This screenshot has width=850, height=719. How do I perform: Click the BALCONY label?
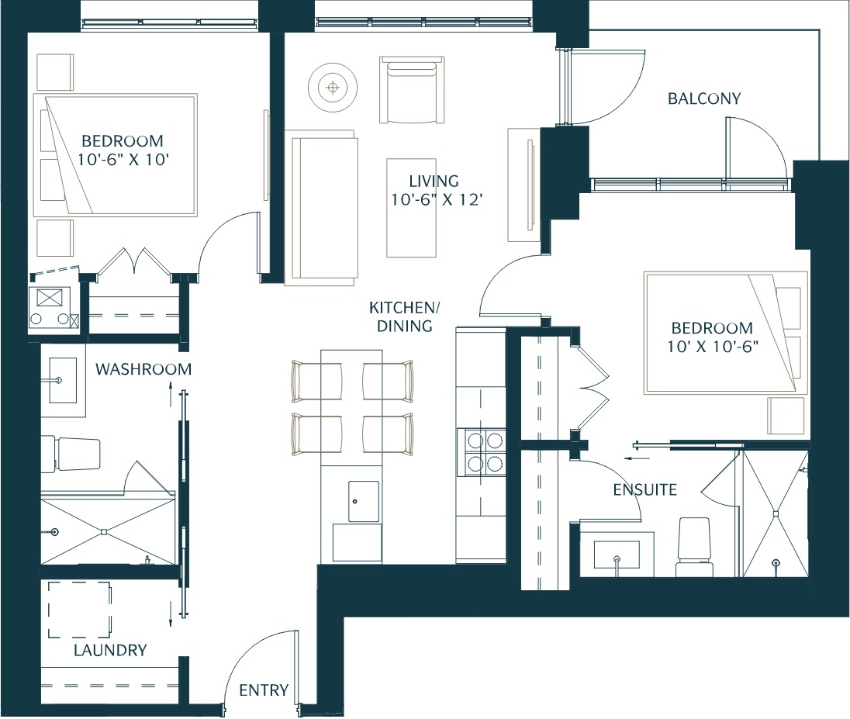point(704,99)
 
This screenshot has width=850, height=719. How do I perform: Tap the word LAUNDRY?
point(109,650)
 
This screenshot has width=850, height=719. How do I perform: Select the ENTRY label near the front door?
point(264,690)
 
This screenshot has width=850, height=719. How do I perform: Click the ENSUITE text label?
point(644,489)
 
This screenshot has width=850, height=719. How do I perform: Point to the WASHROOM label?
point(143,369)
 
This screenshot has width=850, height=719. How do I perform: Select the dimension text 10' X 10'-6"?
point(712,346)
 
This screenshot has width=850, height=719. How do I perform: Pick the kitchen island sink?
point(363,501)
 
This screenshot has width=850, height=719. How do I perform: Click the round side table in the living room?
point(333,87)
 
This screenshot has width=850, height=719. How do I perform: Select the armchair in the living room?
point(412,90)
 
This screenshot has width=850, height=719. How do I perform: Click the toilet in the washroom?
point(71,454)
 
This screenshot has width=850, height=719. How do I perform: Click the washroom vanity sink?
point(64,380)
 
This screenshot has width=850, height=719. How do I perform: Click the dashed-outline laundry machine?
point(79,610)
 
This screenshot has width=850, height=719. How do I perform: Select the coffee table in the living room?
point(412,208)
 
